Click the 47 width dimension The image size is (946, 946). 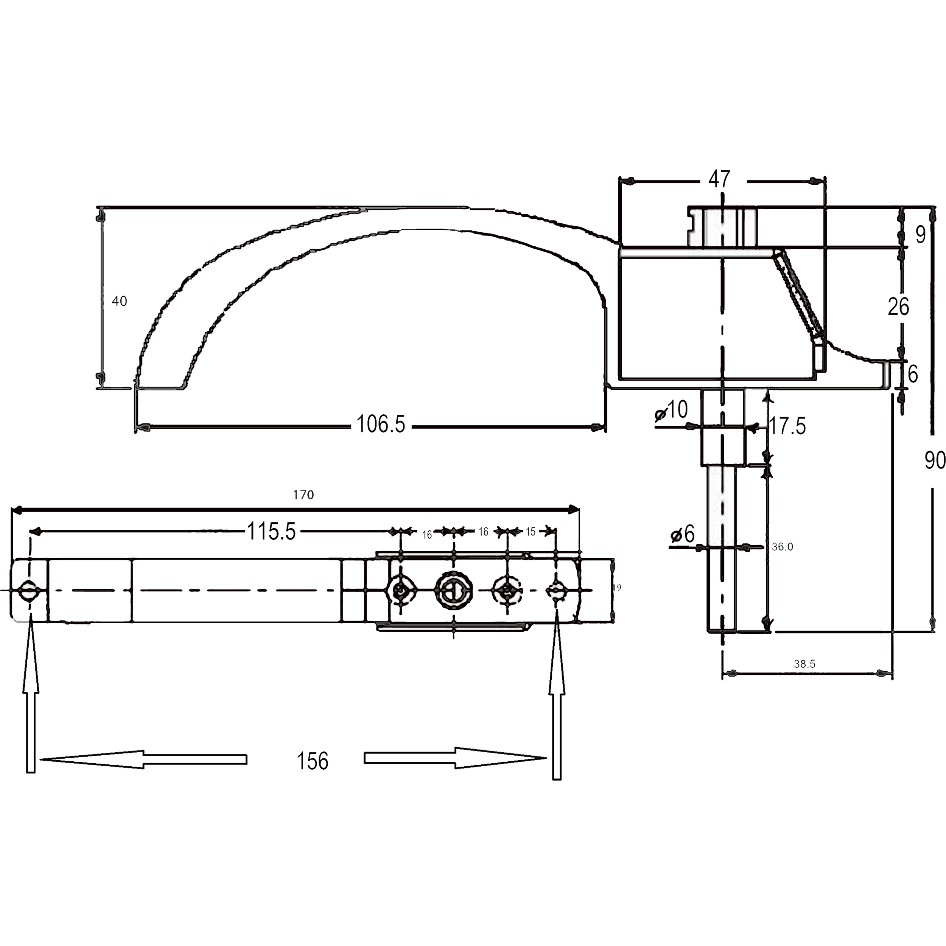[719, 179]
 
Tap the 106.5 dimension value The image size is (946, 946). [380, 424]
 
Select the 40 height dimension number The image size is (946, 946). [120, 301]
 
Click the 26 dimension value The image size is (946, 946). [898, 307]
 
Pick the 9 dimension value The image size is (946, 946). [921, 235]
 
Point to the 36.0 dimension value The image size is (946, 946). [783, 547]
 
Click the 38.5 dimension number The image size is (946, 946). [804, 664]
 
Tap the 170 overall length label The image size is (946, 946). [303, 495]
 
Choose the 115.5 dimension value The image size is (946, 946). [271, 531]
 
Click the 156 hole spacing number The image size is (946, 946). [313, 761]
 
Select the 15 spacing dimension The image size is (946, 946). [531, 532]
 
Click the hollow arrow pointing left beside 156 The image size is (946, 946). [143, 759]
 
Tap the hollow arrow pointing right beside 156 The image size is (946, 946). [455, 758]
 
